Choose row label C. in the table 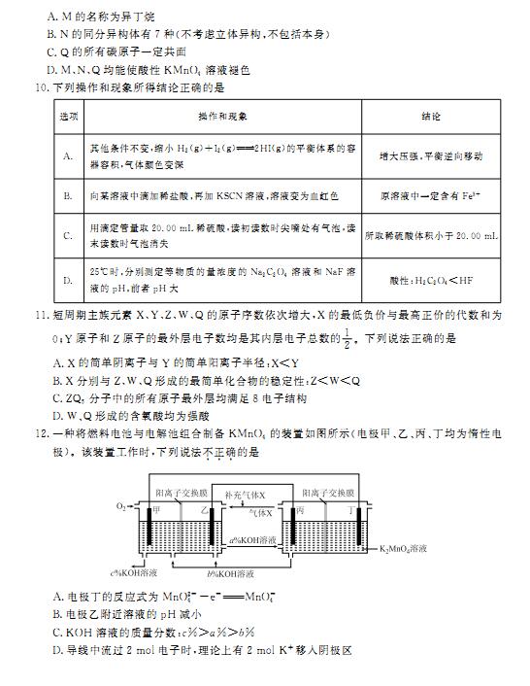pos(68,235)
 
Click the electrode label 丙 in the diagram pos(303,509)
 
